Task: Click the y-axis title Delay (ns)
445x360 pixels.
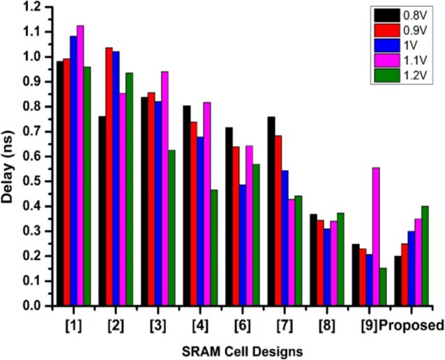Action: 11,156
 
